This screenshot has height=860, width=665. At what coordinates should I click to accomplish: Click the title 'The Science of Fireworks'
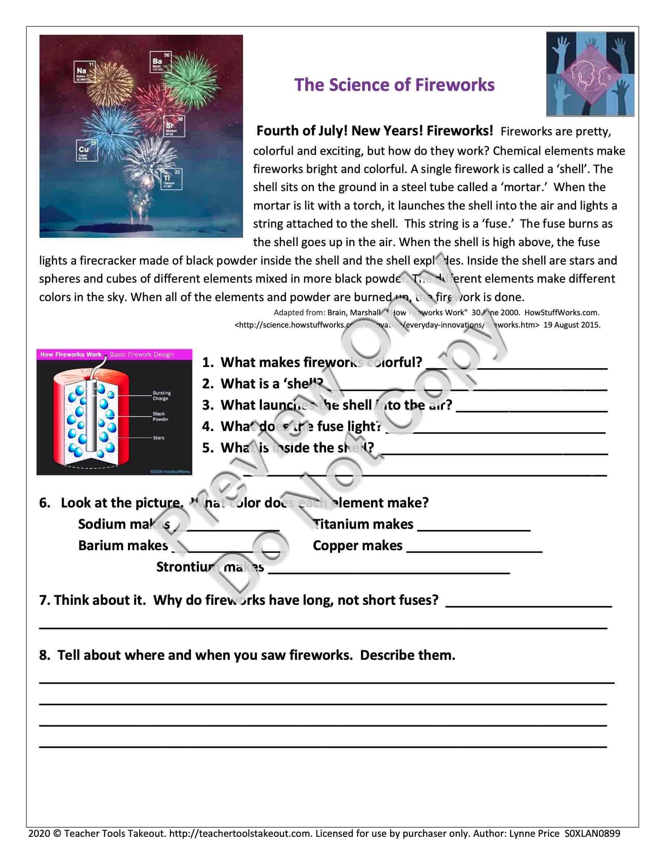click(394, 85)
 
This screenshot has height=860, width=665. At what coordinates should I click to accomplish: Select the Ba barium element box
click(160, 62)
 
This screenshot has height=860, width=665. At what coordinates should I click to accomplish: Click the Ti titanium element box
click(171, 179)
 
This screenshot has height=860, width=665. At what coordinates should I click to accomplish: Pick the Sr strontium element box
click(175, 126)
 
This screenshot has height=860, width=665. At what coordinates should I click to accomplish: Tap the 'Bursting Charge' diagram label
click(162, 396)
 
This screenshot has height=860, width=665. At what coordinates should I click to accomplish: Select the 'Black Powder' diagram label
click(161, 417)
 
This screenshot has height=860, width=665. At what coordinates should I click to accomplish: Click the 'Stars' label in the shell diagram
click(159, 438)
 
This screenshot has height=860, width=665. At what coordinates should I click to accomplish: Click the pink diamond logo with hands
click(590, 74)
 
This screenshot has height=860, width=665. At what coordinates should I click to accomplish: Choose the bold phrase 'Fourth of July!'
click(302, 131)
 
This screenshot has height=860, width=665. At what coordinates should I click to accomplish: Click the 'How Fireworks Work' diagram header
click(71, 354)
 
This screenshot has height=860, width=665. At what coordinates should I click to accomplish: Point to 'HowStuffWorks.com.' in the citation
click(562, 313)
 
